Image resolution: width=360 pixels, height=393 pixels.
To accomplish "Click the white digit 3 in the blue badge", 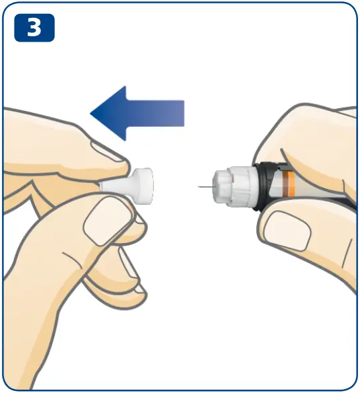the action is click(x=34, y=27).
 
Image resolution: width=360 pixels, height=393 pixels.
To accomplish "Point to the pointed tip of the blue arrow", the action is click(x=90, y=114).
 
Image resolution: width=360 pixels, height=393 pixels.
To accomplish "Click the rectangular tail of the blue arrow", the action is click(x=155, y=114).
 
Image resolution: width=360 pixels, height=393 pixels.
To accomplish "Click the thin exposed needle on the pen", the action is click(x=205, y=187).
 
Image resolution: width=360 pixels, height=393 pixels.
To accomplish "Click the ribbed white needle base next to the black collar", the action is click(x=242, y=186).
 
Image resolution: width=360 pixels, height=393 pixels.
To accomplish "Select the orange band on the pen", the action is click(x=291, y=185).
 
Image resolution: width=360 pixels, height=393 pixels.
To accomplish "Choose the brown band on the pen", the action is click(x=285, y=185).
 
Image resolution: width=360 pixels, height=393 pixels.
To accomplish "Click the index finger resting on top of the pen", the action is click(x=308, y=140).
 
